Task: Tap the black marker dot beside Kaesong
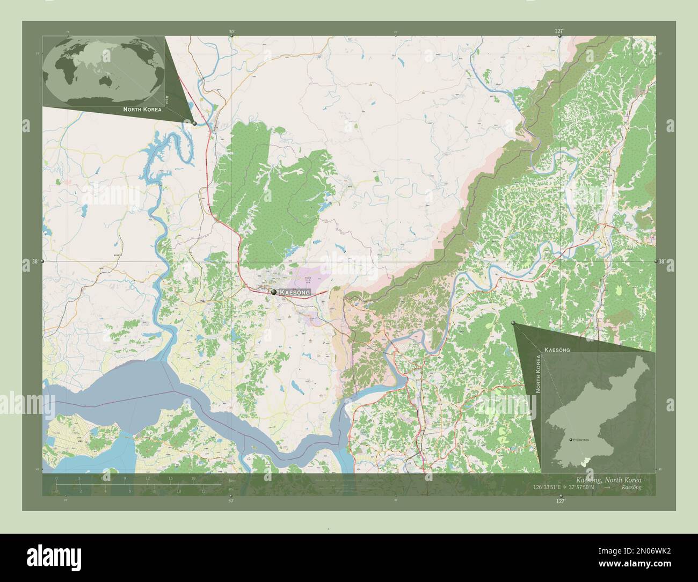click(x=274, y=292)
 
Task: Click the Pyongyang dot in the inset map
click(x=570, y=439)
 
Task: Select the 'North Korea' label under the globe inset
click(x=142, y=109)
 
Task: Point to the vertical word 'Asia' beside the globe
click(x=167, y=99)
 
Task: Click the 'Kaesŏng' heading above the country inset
click(x=557, y=350)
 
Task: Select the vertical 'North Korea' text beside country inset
click(x=538, y=374)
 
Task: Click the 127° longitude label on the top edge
click(x=559, y=31)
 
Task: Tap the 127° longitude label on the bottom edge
click(x=560, y=501)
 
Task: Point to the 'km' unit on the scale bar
click(x=232, y=481)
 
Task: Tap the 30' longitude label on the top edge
click(x=231, y=32)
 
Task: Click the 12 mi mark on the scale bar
click(x=203, y=491)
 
